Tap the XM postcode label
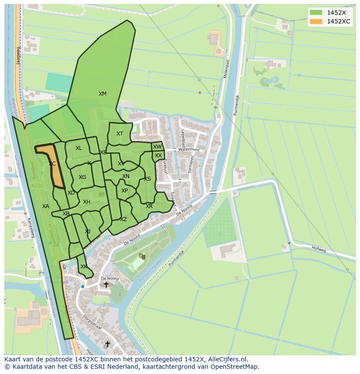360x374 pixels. (x=102, y=94)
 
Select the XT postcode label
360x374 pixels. (x=120, y=134)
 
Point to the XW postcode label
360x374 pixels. (x=157, y=147)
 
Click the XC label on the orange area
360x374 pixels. (x=52, y=164)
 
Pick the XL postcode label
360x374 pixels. (x=79, y=149)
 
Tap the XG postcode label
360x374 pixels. (x=82, y=177)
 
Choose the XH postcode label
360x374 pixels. (x=87, y=202)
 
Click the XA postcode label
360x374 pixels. (x=46, y=206)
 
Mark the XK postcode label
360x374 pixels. (x=83, y=267)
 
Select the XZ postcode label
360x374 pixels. (x=123, y=219)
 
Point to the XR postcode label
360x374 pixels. (x=149, y=206)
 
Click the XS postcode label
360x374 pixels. (x=147, y=179)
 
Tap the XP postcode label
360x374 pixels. (x=125, y=191)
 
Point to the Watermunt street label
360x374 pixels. (x=188, y=150)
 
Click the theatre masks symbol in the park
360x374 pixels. (x=141, y=256)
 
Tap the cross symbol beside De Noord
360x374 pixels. (x=106, y=285)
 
